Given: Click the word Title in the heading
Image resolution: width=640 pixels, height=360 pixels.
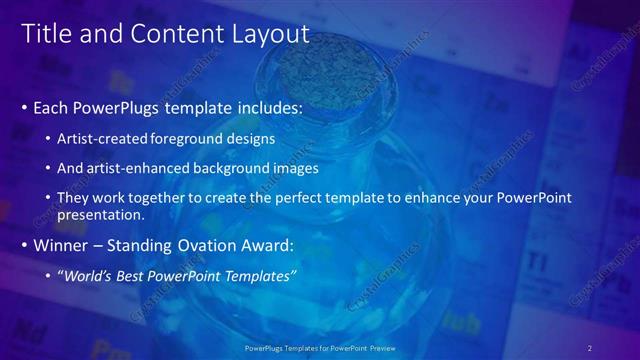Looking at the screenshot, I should pyautogui.click(x=45, y=35).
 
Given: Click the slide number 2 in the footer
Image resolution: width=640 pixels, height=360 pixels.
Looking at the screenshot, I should pyautogui.click(x=590, y=347).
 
